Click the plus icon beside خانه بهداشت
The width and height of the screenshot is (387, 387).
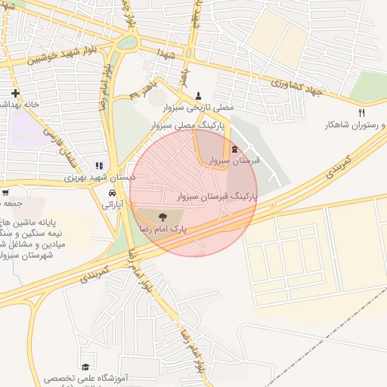pos(15,93)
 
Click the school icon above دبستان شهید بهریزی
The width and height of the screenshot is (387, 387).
pos(98,166)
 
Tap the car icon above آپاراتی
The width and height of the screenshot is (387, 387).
pos(113,192)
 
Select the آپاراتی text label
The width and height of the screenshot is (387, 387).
pos(111,204)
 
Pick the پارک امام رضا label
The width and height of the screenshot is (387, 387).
pos(162,227)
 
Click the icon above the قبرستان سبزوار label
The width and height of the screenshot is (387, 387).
pos(234,149)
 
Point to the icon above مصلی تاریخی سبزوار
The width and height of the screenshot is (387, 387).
pos(198,94)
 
